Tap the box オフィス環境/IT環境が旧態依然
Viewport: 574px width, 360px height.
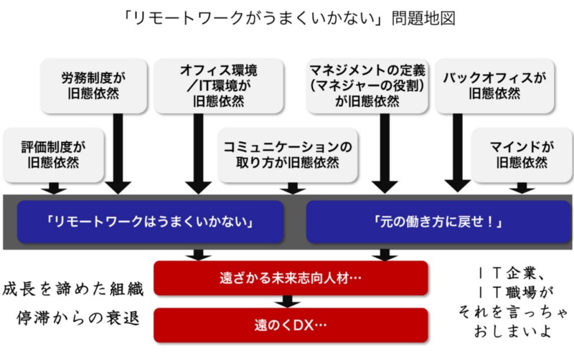218,85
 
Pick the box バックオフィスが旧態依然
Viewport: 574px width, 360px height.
494,85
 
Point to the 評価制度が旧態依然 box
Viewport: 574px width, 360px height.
53,154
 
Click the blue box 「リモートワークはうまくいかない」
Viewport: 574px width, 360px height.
149,222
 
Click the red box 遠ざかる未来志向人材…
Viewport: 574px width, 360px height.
291,278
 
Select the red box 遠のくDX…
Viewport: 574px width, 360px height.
291,325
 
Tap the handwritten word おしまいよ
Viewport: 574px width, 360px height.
512,333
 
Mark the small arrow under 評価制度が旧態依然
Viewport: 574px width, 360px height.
53,188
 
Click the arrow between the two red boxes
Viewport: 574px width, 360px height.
291,301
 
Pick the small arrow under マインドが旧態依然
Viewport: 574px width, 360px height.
522,188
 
